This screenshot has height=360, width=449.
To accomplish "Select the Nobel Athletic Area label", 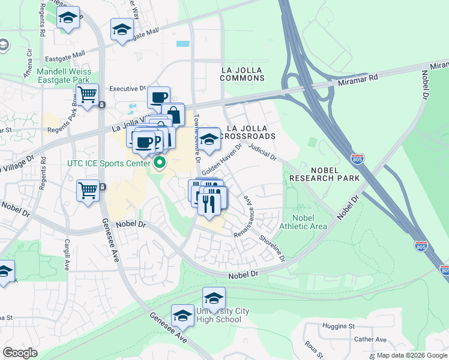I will tap(303, 221).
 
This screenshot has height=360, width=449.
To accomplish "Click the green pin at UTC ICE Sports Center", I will tap(160, 163).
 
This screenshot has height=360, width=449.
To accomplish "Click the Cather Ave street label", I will tap(370, 339).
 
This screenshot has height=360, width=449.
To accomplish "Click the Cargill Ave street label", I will tap(67, 256).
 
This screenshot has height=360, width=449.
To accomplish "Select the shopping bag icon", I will tap(173, 114).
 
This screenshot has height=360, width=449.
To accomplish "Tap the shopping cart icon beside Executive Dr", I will tap(88, 95).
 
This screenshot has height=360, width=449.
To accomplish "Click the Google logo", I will tap(20, 353).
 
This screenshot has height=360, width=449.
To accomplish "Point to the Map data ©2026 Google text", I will tap(412, 355).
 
